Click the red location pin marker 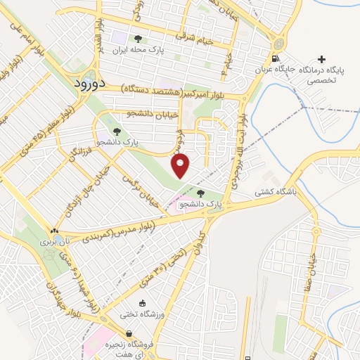tap(181, 166)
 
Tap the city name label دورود tap(89, 82)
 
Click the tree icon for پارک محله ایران tap(137, 39)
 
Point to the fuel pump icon tap(275, 58)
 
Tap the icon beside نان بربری tap(54, 230)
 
